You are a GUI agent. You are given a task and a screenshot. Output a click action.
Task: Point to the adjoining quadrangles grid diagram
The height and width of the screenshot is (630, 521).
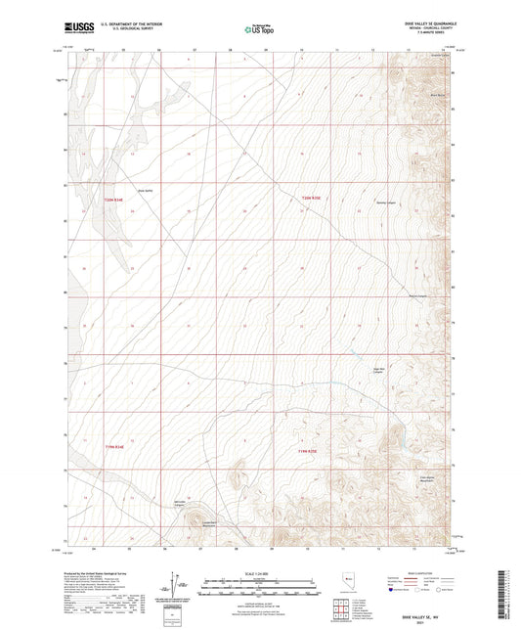(x=339, y=610)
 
